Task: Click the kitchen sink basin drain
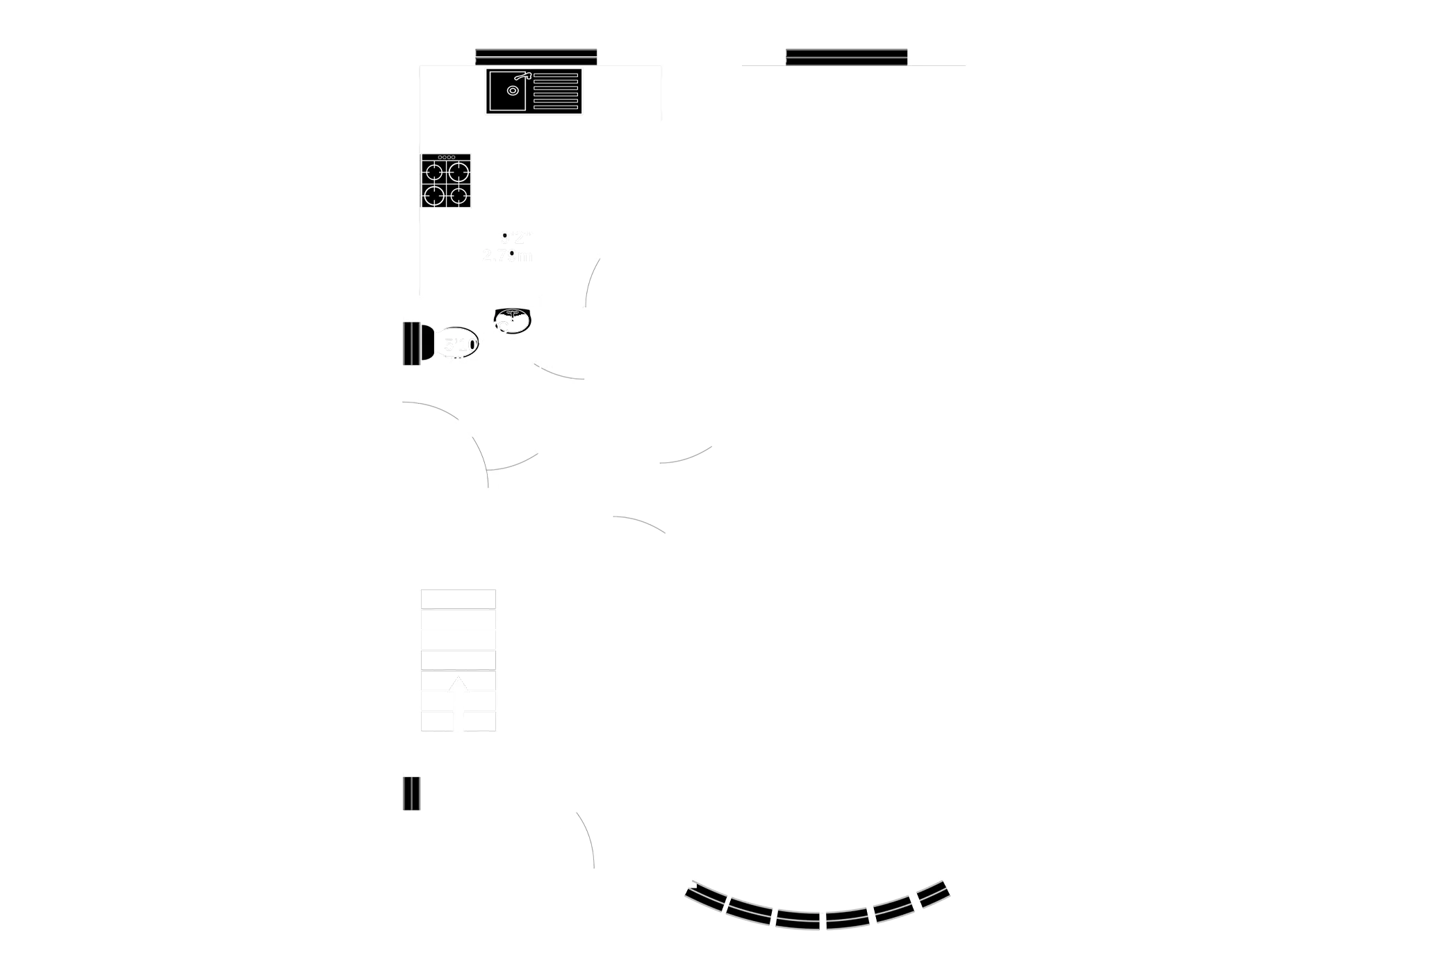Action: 513,90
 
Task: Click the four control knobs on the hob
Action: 447,157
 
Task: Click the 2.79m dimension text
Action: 506,255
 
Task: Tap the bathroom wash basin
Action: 513,320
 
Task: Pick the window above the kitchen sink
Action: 536,55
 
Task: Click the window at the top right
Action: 846,55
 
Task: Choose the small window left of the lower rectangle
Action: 410,793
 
